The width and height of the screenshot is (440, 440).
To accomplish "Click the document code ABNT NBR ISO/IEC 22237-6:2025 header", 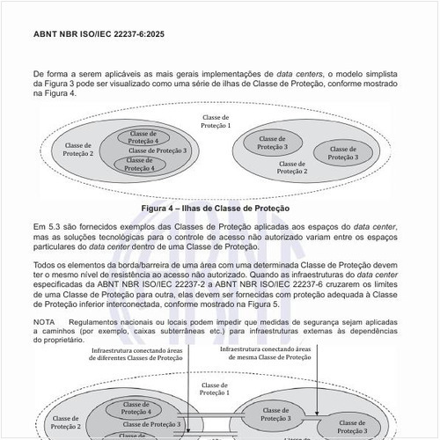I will pyautogui.click(x=98, y=34).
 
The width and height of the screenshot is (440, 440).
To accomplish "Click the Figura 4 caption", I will pyautogui.click(x=220, y=209).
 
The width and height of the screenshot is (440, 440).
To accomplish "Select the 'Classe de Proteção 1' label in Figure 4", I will pyautogui.click(x=216, y=121).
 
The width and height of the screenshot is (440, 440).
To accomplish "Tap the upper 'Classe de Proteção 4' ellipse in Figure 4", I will pyautogui.click(x=143, y=136).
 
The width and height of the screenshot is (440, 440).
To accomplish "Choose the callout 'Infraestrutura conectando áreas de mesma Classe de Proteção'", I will pyautogui.click(x=282, y=356).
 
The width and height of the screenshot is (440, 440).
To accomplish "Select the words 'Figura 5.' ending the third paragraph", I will pyautogui.click(x=263, y=304).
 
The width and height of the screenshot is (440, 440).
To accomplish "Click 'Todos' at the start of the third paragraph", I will pyautogui.click(x=44, y=265).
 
